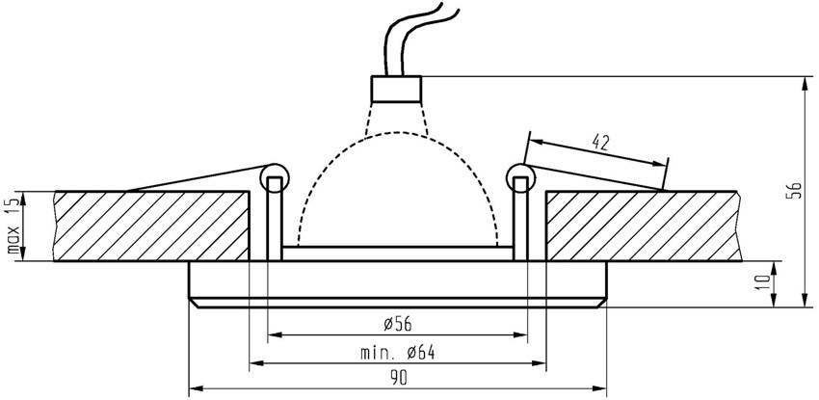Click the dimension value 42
tap(600, 144)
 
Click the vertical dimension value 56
tap(794, 190)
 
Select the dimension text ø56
tap(398, 322)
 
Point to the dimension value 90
tap(398, 378)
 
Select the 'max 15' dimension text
tap(13, 227)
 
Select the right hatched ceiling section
tap(646, 226)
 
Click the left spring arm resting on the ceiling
tap(193, 177)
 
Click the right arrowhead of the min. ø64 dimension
tap(541, 364)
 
